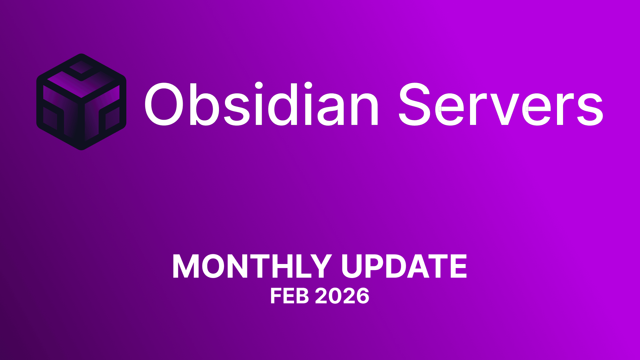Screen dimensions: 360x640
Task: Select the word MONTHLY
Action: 252,266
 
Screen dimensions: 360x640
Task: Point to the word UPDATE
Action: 404,266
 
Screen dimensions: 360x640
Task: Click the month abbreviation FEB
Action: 289,296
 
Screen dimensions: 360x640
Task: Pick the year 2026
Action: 342,296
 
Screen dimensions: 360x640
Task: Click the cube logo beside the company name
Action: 81,102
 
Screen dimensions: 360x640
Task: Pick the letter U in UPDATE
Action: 354,266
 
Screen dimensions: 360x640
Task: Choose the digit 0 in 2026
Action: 335,296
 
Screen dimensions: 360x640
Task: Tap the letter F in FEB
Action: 276,296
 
